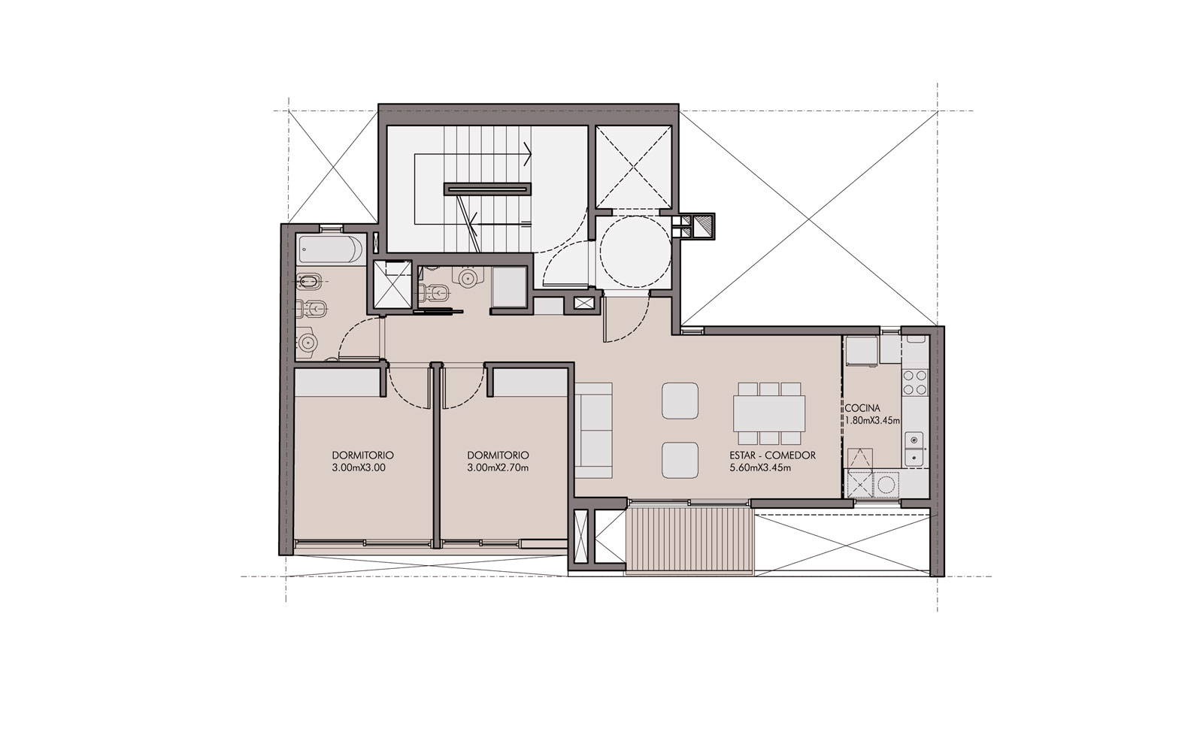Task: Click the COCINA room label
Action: pyautogui.click(x=862, y=408)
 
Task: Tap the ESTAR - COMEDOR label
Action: pyautogui.click(x=772, y=455)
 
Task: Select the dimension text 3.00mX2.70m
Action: pyautogui.click(x=498, y=468)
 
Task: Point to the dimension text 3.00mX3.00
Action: pyautogui.click(x=359, y=468)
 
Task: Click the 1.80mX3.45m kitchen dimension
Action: pyautogui.click(x=872, y=421)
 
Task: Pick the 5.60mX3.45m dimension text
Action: pyautogui.click(x=760, y=468)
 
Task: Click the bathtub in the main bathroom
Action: pyautogui.click(x=330, y=250)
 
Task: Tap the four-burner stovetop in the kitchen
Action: pyautogui.click(x=914, y=382)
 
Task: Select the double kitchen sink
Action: pyautogui.click(x=914, y=449)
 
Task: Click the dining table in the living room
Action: pyautogui.click(x=769, y=413)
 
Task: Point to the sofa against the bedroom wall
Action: pyautogui.click(x=593, y=431)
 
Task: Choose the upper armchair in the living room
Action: pyautogui.click(x=680, y=401)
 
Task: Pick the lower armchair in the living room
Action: pyautogui.click(x=680, y=461)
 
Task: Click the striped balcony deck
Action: pyautogui.click(x=690, y=540)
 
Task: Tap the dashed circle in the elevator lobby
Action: pyautogui.click(x=635, y=252)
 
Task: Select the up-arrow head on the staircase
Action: pyautogui.click(x=528, y=155)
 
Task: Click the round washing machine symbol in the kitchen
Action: pyautogui.click(x=886, y=485)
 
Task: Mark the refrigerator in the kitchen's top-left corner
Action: pyautogui.click(x=862, y=351)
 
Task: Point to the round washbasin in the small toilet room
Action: pyautogui.click(x=467, y=277)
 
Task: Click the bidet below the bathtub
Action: pyautogui.click(x=308, y=280)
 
